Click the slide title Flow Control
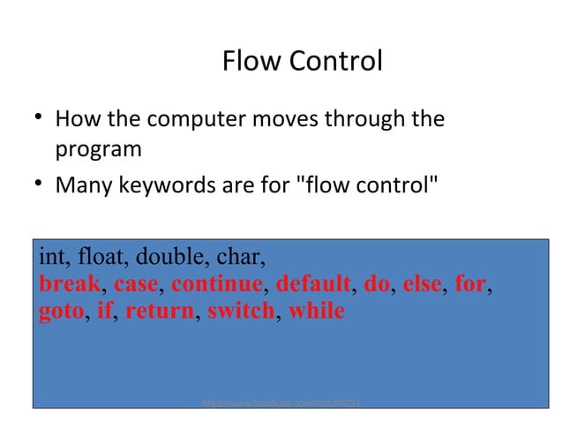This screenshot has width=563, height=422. coord(302,62)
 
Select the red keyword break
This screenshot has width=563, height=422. coord(69,285)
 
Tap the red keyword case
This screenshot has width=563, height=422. coord(135,285)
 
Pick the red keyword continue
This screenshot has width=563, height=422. coord(216,285)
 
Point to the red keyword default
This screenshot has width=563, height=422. coord(312,285)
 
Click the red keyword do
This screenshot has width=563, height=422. coord(376,285)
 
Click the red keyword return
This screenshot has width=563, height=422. coord(159,312)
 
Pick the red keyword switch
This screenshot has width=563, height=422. coord(240,312)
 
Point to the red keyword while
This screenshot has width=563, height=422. coord(316,312)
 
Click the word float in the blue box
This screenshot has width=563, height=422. coord(102,259)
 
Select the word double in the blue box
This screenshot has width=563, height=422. coord(169,259)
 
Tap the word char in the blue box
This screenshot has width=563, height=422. coord(236,259)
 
